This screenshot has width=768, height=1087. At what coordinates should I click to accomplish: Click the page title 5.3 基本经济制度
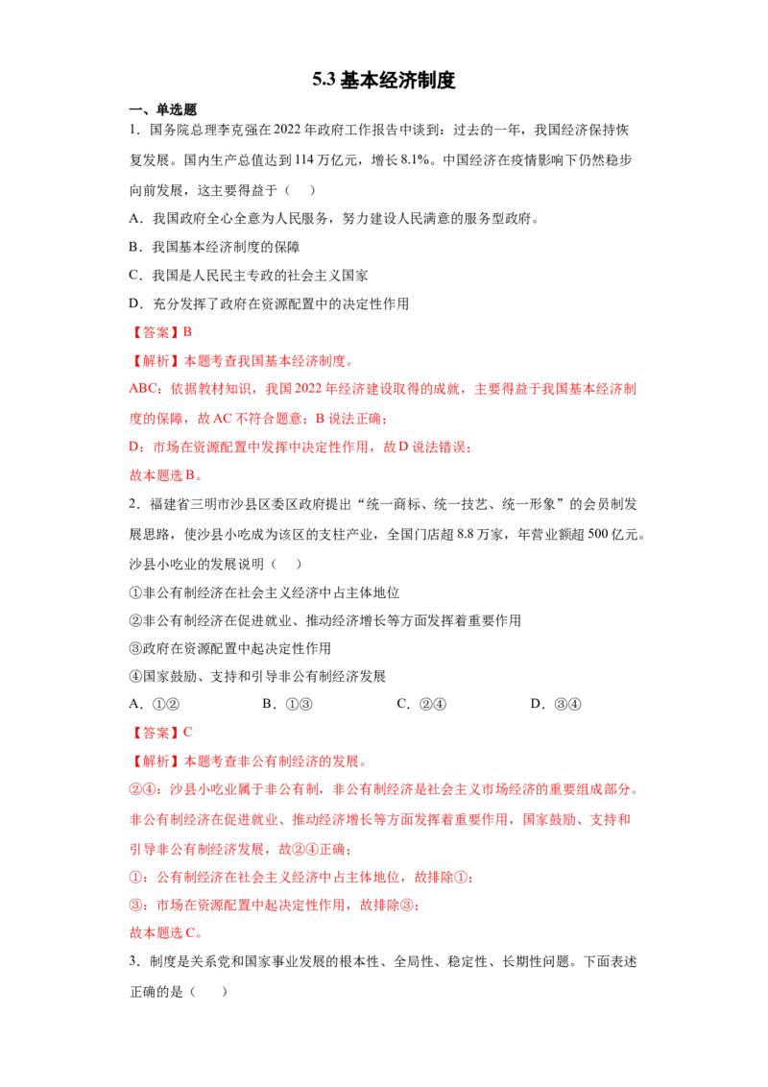pos(383,80)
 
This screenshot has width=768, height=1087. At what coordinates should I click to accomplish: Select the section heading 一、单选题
pos(163,109)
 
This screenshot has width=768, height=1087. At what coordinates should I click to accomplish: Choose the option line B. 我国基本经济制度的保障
pos(214,247)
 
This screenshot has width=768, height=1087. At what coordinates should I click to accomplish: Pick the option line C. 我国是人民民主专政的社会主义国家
pos(248,276)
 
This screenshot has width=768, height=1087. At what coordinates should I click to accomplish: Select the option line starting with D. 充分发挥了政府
pos(269,303)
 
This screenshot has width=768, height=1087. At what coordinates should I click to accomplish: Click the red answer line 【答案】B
pos(161,332)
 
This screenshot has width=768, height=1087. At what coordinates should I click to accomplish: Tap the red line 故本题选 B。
pos(166,475)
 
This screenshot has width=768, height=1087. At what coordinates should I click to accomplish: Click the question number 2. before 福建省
pos(135,504)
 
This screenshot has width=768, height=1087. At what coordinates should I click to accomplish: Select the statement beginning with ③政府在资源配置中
pos(230,648)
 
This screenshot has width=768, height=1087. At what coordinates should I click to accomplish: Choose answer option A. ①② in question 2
pos(155,704)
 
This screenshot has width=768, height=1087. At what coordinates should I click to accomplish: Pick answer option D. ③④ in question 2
pos(556,704)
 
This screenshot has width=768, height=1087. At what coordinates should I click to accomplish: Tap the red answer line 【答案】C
pos(161,732)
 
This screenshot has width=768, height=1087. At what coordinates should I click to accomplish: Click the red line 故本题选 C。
pos(166,932)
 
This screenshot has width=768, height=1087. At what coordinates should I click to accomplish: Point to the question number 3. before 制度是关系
pos(135,961)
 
